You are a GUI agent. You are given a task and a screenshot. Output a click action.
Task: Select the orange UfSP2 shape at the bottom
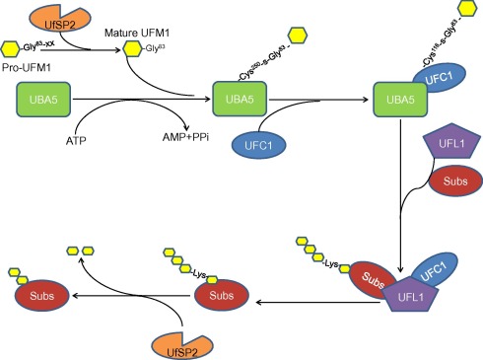click(178, 339)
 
